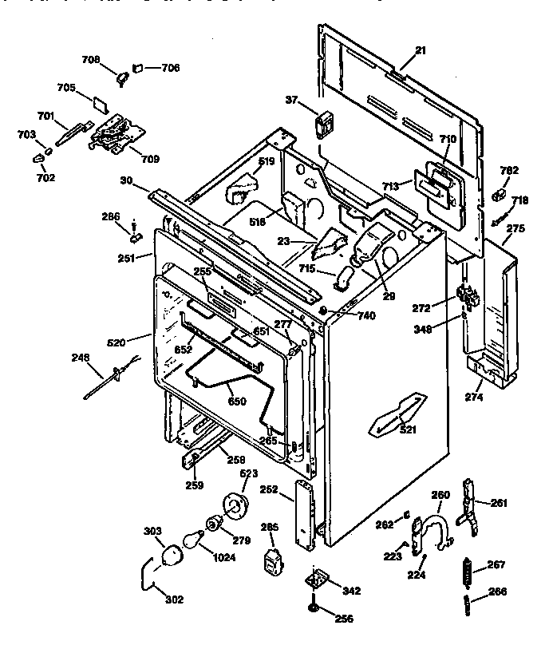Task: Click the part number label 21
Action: pos(421,50)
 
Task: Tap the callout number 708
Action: pos(91,59)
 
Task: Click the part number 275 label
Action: pos(515,228)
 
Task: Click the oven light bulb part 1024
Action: pos(191,540)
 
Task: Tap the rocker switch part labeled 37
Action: pos(325,124)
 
